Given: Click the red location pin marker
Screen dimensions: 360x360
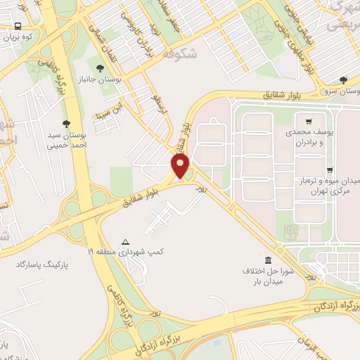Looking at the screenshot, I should pos(181,166).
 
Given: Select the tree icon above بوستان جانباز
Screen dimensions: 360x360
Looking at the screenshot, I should pos(100,68).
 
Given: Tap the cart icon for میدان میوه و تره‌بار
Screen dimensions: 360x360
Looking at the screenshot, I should pos(330,170).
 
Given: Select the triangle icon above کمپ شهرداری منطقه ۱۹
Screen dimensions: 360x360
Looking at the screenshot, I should pos(125,240).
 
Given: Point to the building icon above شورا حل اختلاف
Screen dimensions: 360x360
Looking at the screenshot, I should pos(267,260).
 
